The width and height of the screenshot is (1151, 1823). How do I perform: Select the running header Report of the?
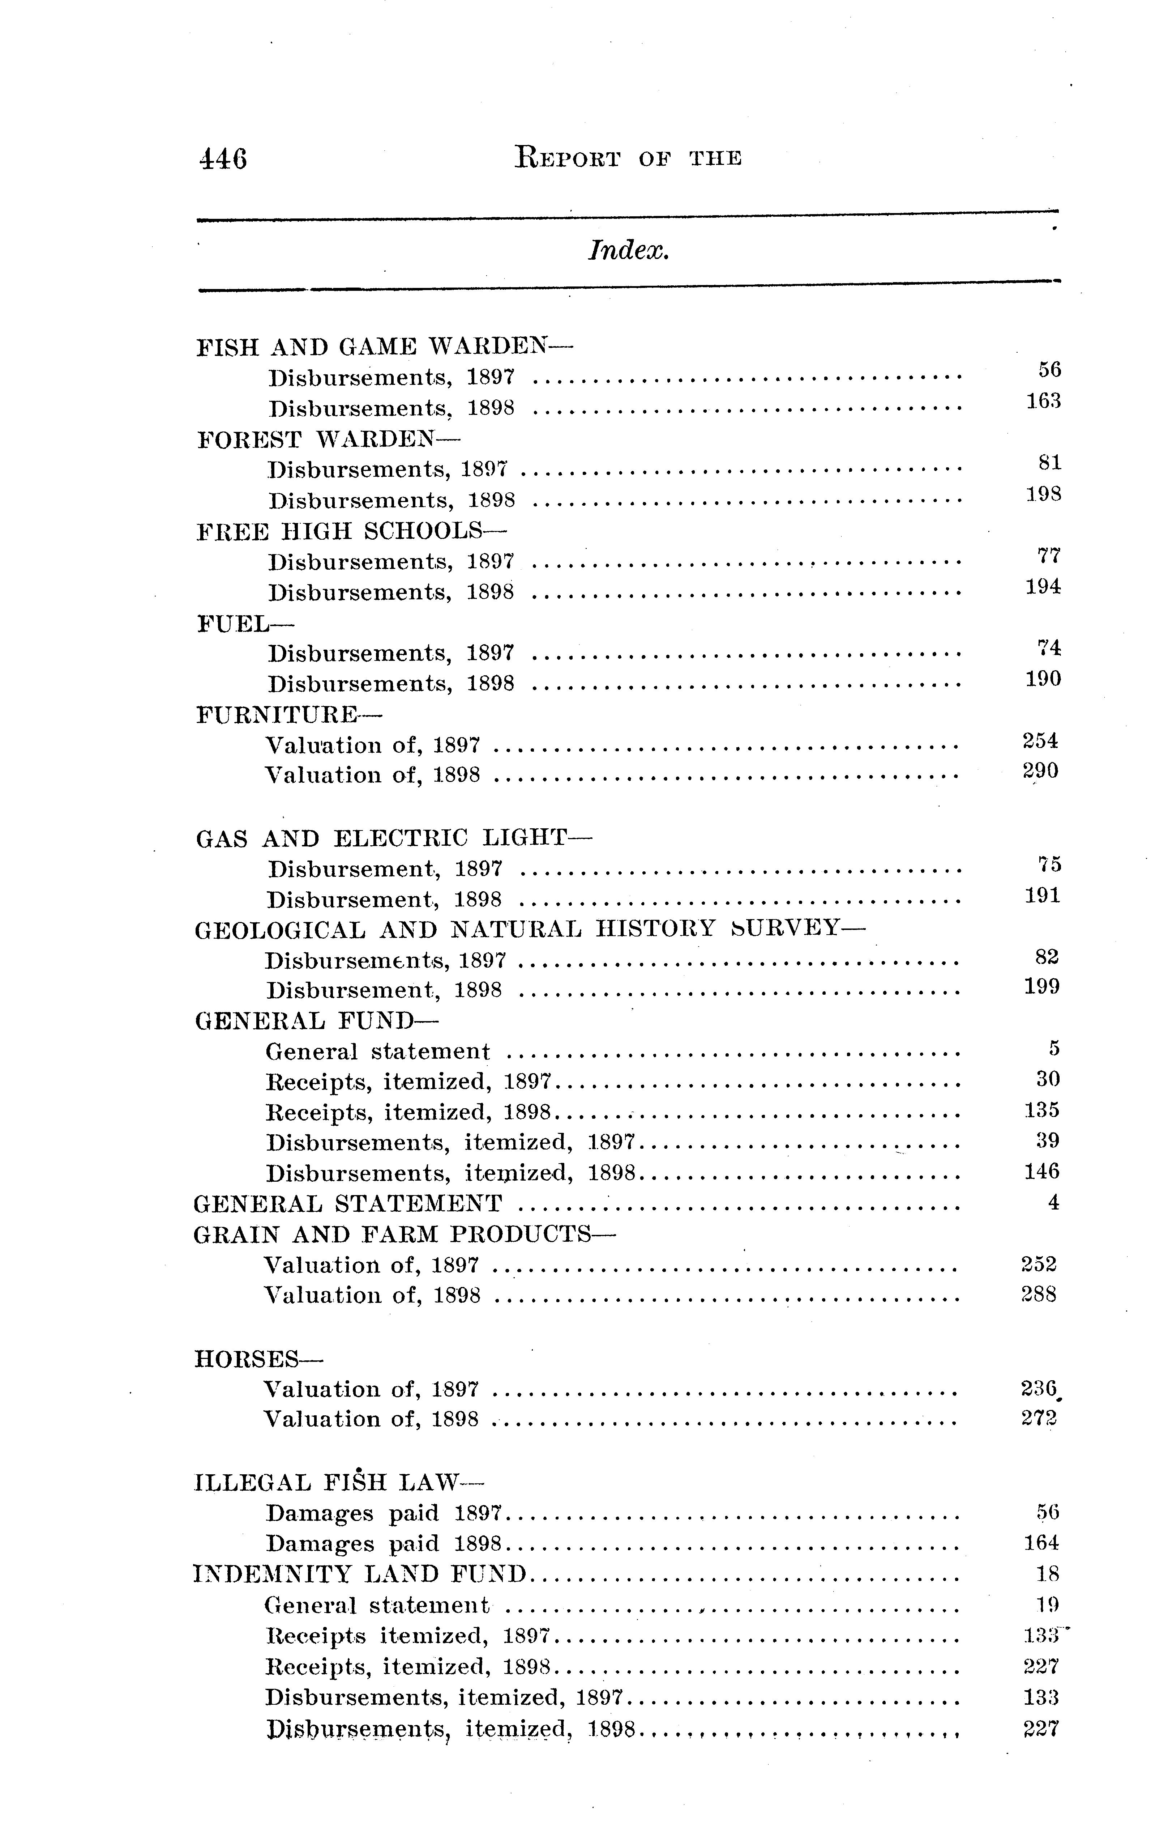[627, 157]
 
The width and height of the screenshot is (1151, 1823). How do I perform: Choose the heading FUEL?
[244, 624]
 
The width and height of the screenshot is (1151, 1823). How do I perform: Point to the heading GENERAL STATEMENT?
[348, 1203]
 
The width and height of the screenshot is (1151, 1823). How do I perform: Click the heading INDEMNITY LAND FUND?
[360, 1574]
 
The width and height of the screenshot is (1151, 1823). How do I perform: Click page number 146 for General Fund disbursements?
[1041, 1172]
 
